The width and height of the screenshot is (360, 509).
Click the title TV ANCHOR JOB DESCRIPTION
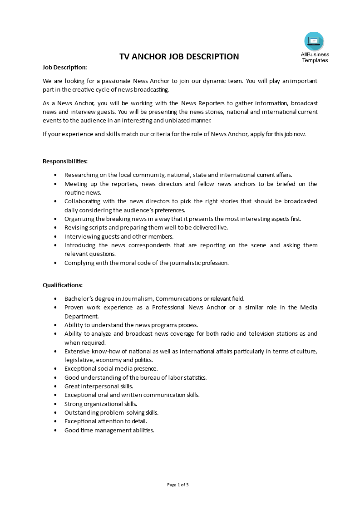coord(179,57)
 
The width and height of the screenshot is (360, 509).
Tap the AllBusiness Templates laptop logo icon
coord(314,41)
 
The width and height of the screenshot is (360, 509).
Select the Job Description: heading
coord(64,67)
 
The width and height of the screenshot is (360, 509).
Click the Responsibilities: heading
coord(65,161)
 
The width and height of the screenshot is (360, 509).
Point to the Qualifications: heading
coord(63,285)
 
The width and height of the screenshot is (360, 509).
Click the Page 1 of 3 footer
coord(178,485)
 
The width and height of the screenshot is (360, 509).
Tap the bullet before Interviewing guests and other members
coord(55,236)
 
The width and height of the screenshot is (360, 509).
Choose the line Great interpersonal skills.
coord(99,386)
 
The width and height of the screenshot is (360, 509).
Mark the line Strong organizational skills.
coord(100,404)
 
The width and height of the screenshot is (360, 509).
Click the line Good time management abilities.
coord(109,430)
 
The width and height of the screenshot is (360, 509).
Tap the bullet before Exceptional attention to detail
coord(55,421)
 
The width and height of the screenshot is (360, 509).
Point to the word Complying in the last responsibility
coord(78,263)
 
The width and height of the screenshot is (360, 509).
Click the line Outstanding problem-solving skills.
coord(111,412)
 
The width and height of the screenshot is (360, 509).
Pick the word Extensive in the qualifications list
coord(77,351)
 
